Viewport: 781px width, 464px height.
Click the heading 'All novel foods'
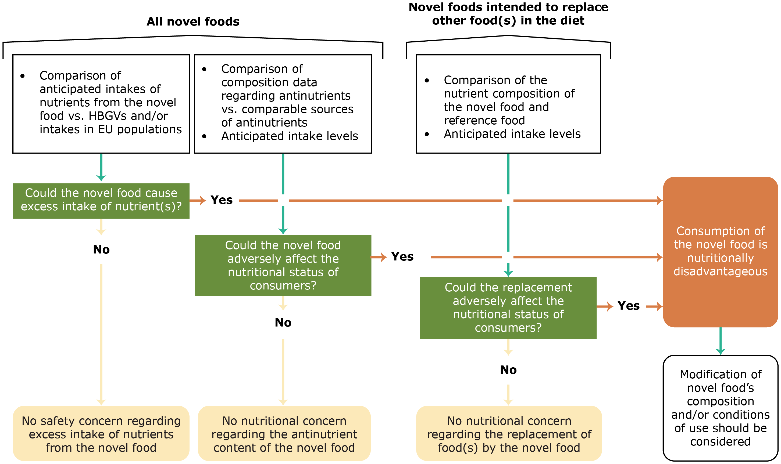(x=193, y=21)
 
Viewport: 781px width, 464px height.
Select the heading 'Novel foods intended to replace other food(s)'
(x=508, y=14)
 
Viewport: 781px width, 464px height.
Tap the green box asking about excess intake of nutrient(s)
(x=101, y=201)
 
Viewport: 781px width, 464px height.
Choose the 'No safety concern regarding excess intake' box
(x=101, y=434)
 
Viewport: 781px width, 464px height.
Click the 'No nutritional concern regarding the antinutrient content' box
(x=284, y=434)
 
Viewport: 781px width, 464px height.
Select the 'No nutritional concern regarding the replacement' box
(x=509, y=434)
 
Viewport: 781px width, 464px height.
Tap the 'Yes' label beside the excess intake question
(x=221, y=200)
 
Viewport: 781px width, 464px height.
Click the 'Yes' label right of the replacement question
(x=628, y=306)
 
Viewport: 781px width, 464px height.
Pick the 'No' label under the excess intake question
(x=101, y=249)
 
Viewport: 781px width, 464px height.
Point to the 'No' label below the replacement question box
(x=508, y=370)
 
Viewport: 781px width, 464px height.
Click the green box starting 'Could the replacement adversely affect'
(x=508, y=308)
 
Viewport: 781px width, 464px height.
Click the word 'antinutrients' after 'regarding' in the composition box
(x=322, y=96)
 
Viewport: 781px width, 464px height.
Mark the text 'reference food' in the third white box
(x=484, y=120)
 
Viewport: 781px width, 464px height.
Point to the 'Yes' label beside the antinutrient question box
(x=402, y=257)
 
